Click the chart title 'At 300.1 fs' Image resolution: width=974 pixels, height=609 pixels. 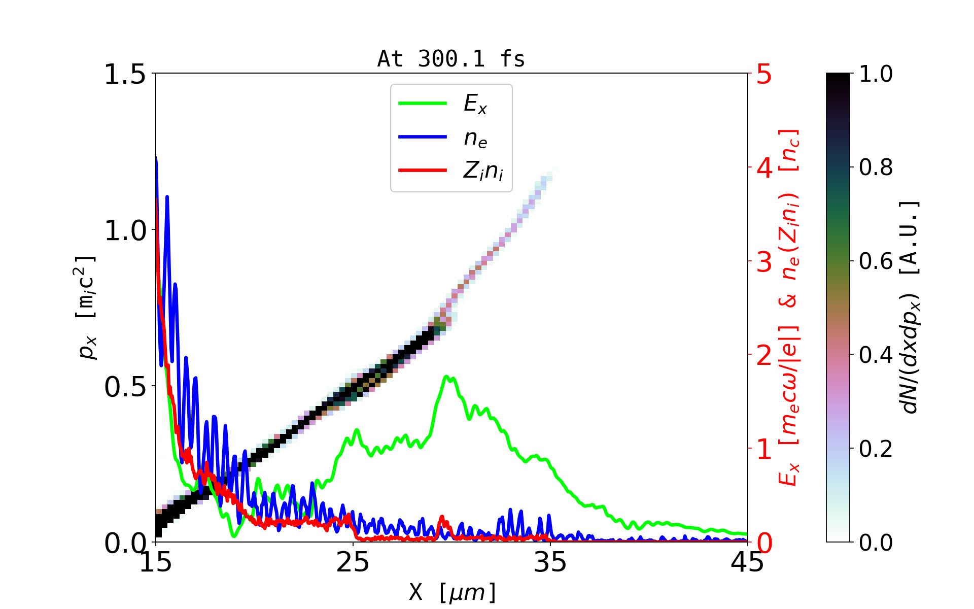[451, 59]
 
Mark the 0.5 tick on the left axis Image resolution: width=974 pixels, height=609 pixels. [125, 387]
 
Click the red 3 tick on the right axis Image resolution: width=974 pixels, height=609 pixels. [764, 262]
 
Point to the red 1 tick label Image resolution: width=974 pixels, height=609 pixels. [764, 449]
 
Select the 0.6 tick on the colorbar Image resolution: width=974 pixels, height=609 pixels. [876, 261]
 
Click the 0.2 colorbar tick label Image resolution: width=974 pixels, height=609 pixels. [876, 449]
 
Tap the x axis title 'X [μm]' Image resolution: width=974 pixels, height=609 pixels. [452, 592]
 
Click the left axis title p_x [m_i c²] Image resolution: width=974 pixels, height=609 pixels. [86, 307]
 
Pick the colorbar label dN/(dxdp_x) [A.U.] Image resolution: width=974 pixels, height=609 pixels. [911, 307]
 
